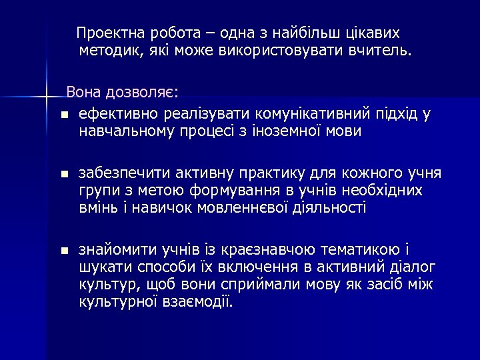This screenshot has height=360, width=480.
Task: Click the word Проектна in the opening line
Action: coord(106,33)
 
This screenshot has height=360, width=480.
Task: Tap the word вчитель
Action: coord(379,49)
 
